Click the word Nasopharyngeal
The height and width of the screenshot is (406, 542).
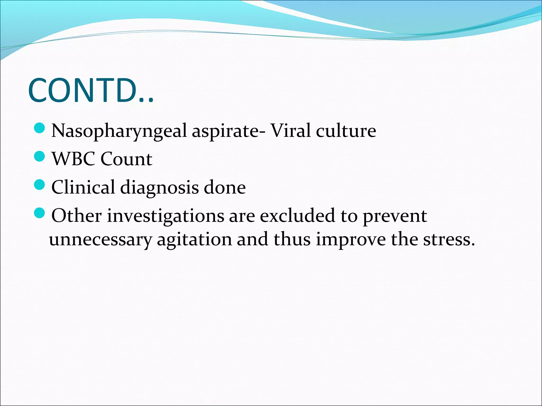click(119, 131)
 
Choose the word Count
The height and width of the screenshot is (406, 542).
click(126, 159)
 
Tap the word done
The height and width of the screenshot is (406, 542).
click(225, 187)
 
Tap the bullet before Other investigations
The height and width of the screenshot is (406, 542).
click(40, 213)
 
